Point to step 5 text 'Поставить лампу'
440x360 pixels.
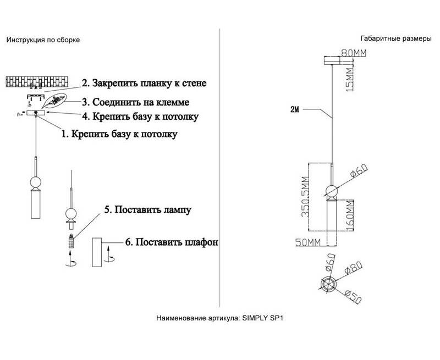pyautogui.click(x=148, y=210)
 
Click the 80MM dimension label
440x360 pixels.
pyautogui.click(x=354, y=53)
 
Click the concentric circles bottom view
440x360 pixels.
pyautogui.click(x=331, y=284)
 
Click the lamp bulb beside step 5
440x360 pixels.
pyautogui.click(x=71, y=241)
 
